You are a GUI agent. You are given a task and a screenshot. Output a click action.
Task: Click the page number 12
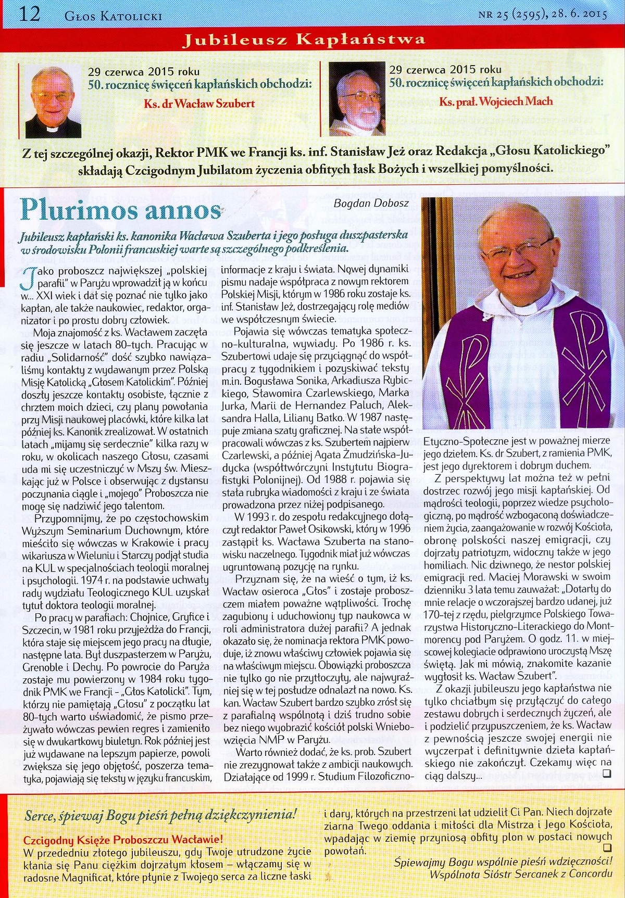point(29,14)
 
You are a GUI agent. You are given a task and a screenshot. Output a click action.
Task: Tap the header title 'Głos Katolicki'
point(113,16)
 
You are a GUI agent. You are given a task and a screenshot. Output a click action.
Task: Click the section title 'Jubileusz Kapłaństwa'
point(304,40)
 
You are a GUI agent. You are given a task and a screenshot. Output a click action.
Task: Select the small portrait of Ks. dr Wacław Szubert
point(53,102)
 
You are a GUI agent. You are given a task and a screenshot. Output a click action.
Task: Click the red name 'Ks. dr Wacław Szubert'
point(199,103)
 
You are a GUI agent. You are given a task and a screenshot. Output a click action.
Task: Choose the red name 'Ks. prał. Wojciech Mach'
point(496,101)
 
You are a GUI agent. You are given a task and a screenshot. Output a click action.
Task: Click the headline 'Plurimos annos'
point(121,210)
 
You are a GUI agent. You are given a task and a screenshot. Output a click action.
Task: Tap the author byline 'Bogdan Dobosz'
point(371,203)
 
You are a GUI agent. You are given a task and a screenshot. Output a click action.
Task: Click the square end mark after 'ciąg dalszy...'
point(606,774)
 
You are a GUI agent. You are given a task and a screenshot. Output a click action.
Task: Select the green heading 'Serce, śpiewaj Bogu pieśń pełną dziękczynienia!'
point(161,815)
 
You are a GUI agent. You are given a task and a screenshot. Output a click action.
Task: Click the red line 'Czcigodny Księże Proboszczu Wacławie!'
point(123,839)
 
